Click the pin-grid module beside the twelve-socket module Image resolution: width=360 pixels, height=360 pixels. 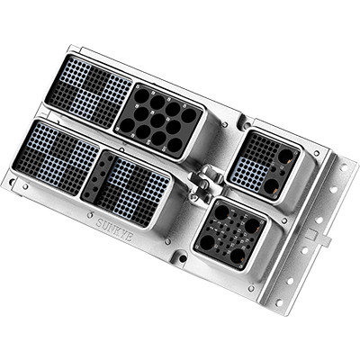[87, 89]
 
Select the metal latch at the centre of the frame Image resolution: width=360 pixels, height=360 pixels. [204, 184]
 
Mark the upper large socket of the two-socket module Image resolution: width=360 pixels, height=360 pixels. [284, 156]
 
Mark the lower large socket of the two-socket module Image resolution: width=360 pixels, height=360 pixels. [272, 185]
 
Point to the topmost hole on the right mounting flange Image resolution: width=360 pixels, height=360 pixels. [339, 165]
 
